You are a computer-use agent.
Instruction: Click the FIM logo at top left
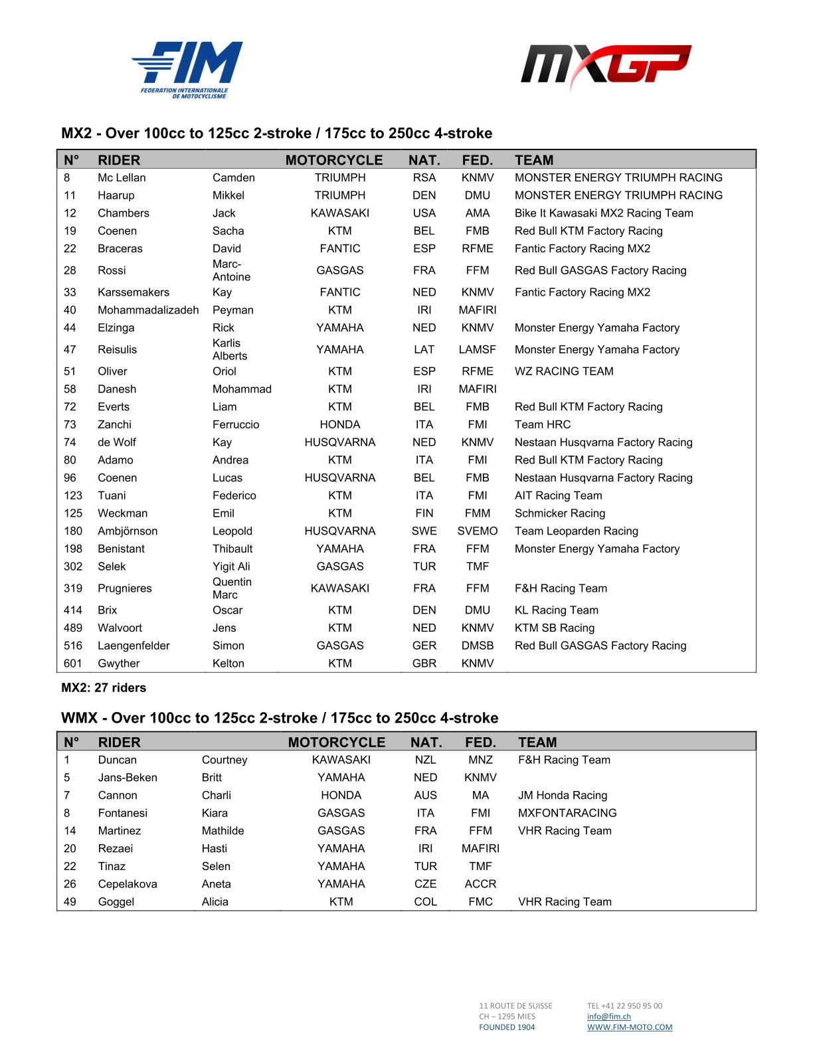coord(187,69)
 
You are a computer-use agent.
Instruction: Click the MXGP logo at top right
coord(605,66)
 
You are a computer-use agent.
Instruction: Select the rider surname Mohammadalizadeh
coord(148,310)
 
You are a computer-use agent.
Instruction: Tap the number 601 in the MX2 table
coord(73,663)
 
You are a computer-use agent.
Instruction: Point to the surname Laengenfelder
coord(134,646)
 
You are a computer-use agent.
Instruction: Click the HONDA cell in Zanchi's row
coord(340,424)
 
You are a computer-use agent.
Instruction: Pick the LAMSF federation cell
coord(478,349)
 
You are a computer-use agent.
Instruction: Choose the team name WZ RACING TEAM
coord(564,371)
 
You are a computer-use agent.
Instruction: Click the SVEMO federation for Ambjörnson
coord(478,531)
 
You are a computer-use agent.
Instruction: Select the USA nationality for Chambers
coord(424,213)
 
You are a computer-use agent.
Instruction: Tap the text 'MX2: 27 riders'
coord(104,688)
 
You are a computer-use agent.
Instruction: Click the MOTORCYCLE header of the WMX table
coord(337,743)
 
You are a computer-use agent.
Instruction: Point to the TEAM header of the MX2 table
coord(534,160)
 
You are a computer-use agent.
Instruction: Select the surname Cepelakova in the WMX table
coord(128,884)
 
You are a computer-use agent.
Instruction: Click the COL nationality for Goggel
coord(426,902)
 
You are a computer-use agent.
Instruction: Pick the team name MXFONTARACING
coord(567,813)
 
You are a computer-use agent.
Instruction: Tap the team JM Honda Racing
coord(563,796)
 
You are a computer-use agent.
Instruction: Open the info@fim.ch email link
coord(609,1017)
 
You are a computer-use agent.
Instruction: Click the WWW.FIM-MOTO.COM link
coord(630,1027)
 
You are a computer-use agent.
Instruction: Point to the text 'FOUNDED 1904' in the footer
coord(507,1027)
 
